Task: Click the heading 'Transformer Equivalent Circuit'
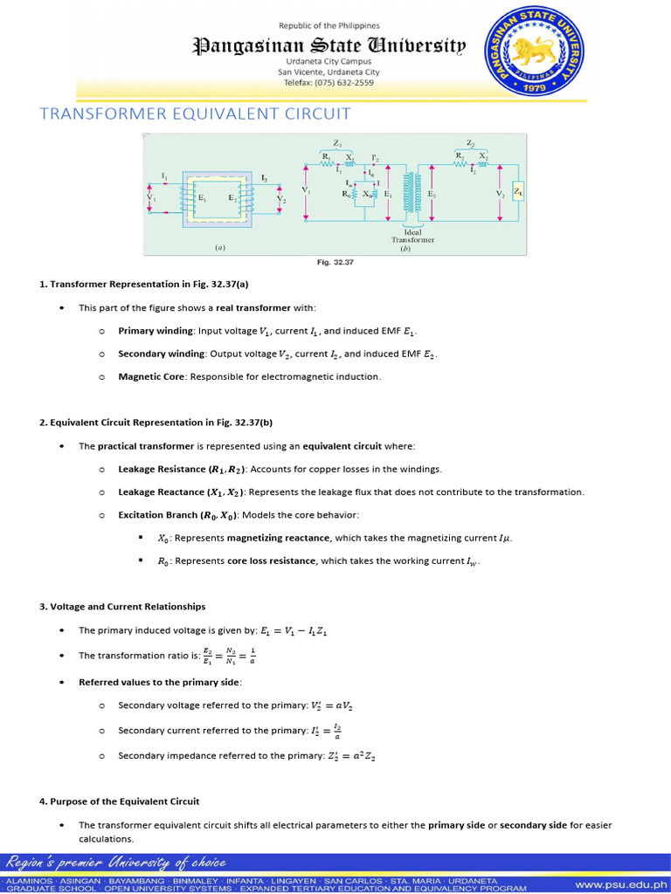click(197, 113)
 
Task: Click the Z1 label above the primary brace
click(337, 142)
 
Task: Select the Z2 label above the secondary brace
click(470, 142)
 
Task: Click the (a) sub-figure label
click(220, 247)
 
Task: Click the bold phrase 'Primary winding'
click(156, 332)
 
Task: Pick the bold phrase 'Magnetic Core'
click(152, 377)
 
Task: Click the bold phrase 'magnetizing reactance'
click(272, 539)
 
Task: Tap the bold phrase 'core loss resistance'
click(271, 560)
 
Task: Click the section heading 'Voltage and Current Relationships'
click(128, 606)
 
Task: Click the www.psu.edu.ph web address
click(619, 884)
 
